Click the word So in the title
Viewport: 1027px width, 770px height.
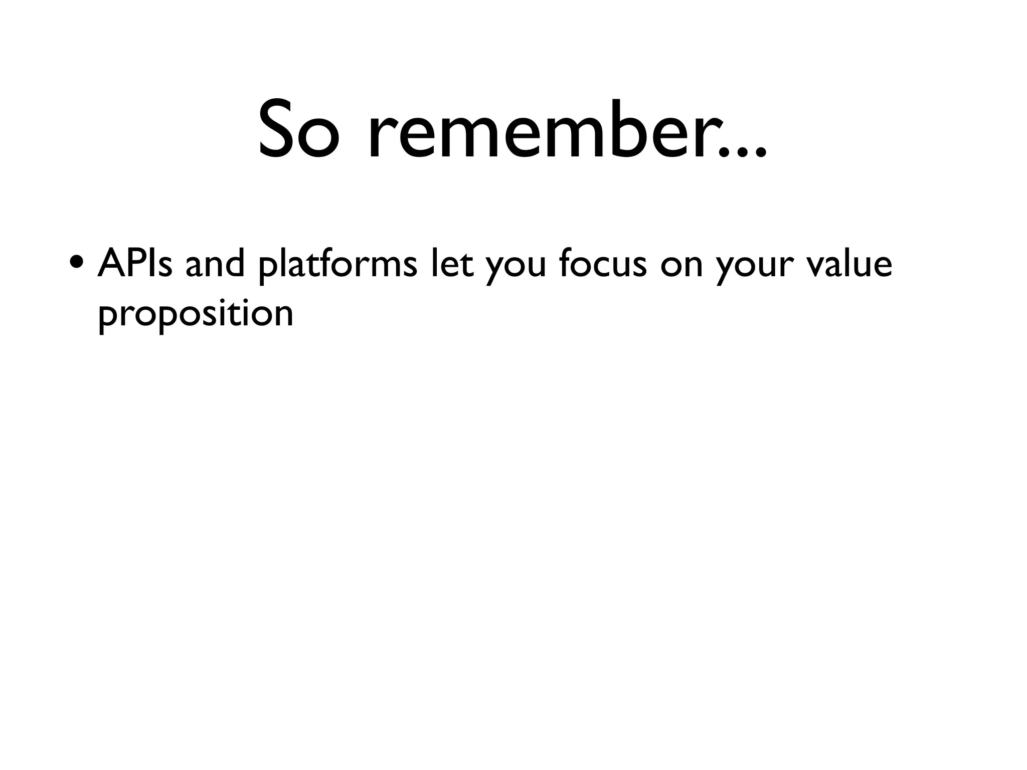[x=296, y=129]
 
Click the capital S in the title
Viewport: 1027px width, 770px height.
[x=277, y=129]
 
